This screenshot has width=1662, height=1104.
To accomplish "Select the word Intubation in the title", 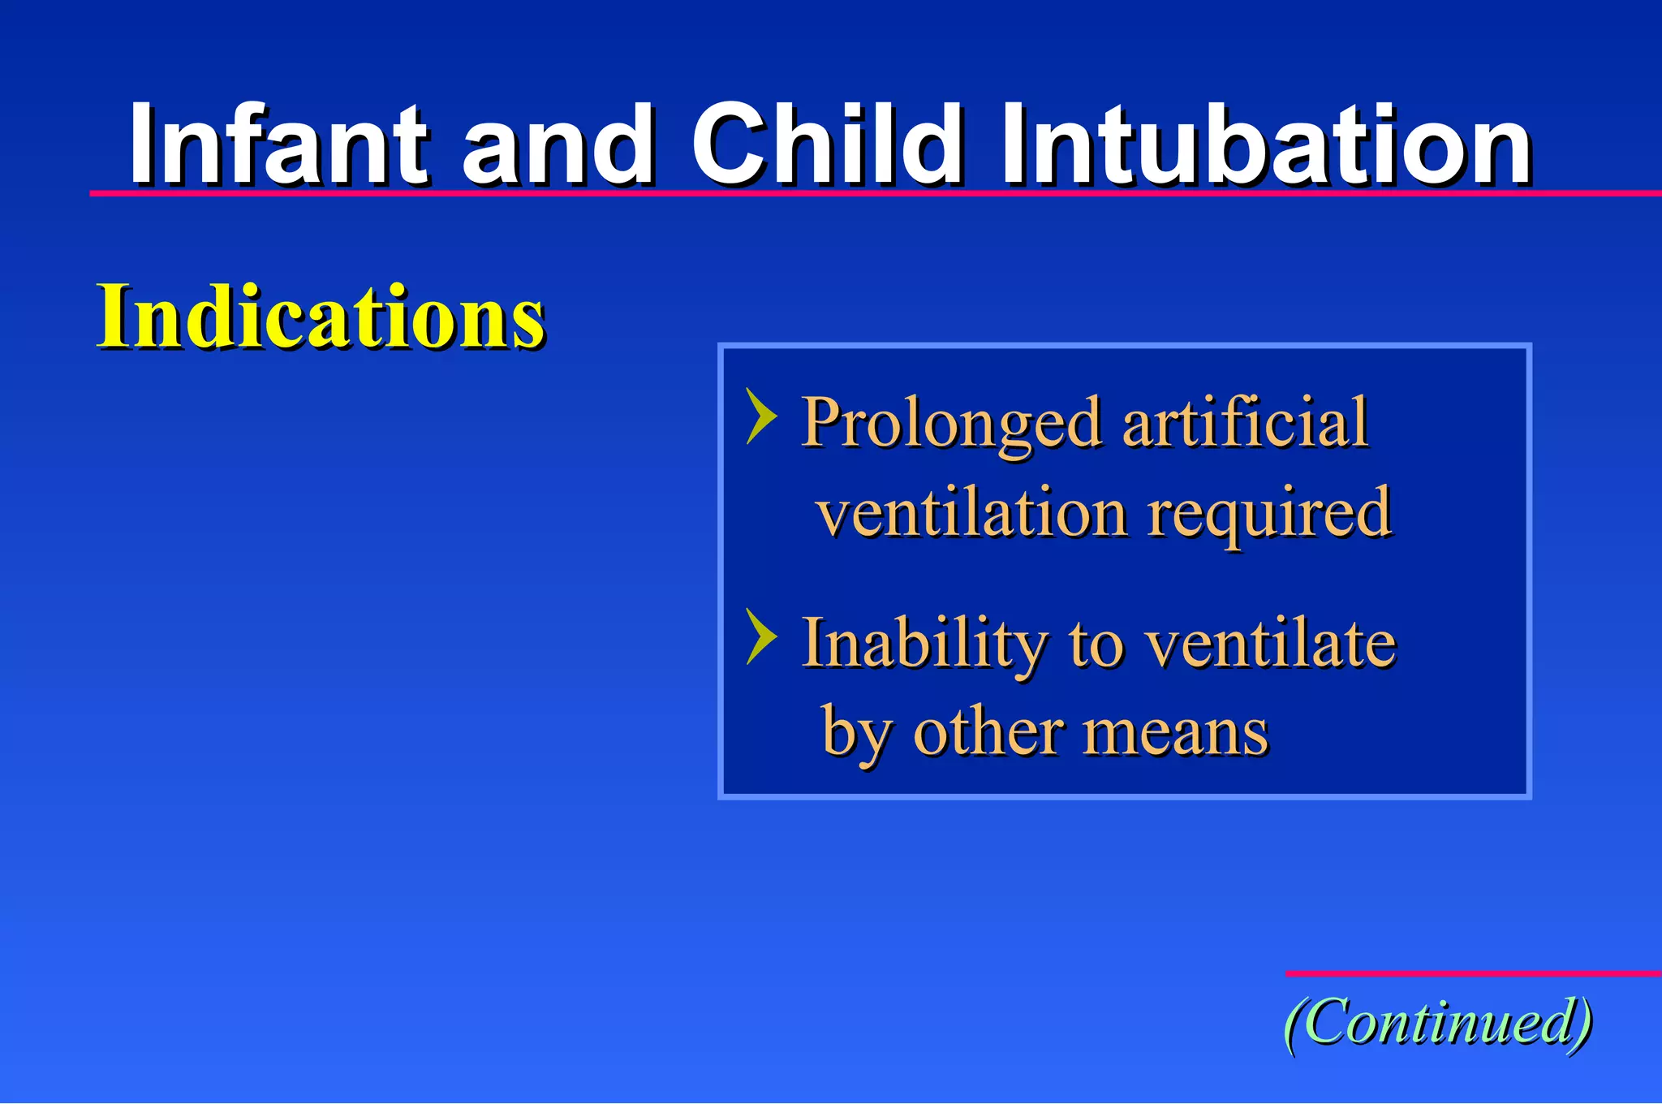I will point(1266,146).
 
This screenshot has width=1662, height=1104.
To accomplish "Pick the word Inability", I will point(924,644).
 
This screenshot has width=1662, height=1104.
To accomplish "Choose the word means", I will point(1176,733).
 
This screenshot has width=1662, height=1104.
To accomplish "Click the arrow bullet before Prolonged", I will point(761,416).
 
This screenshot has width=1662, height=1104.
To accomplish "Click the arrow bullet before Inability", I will point(761,637).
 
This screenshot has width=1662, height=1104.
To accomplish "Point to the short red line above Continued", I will point(1473,972).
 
